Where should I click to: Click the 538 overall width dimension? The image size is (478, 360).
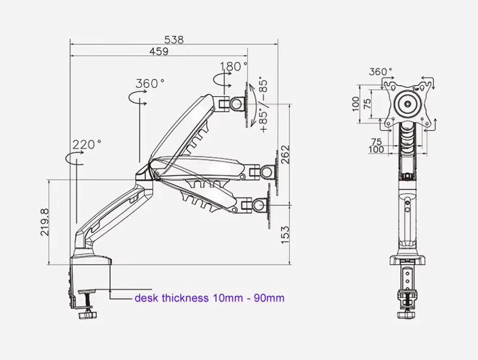174,40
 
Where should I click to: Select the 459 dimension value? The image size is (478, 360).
159,51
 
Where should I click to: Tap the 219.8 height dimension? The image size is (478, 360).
44,222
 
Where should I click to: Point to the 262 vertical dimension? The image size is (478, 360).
285,155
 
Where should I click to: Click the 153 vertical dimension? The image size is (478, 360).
285,235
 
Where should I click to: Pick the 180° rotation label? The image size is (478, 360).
234,66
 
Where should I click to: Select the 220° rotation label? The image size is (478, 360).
87,144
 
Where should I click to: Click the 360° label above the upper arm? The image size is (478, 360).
150,83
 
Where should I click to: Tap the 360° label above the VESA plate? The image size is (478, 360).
381,72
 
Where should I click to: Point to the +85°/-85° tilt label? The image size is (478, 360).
263,106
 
